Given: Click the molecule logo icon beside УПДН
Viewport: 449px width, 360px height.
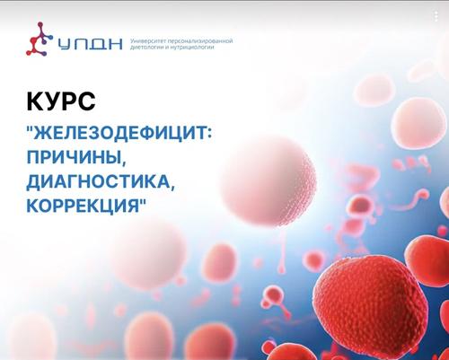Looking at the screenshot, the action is (40, 40).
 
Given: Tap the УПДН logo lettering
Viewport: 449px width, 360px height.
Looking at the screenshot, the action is (90, 44).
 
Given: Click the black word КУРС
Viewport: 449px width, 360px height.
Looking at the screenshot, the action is (61, 101).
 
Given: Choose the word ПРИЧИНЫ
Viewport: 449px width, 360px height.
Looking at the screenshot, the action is (74, 157).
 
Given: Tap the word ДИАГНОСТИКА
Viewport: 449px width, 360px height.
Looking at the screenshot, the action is (99, 181).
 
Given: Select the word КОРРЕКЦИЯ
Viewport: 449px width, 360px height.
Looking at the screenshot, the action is (83, 205).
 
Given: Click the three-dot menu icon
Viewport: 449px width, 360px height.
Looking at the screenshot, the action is (436, 16).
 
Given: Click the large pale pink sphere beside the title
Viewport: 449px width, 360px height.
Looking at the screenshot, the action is (269, 180).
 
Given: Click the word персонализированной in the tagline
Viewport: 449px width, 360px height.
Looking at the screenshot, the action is (200, 41).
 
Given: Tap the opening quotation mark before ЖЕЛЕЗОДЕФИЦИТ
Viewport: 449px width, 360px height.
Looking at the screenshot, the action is (30, 128).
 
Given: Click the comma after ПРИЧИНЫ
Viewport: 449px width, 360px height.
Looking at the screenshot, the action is (123, 163).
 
